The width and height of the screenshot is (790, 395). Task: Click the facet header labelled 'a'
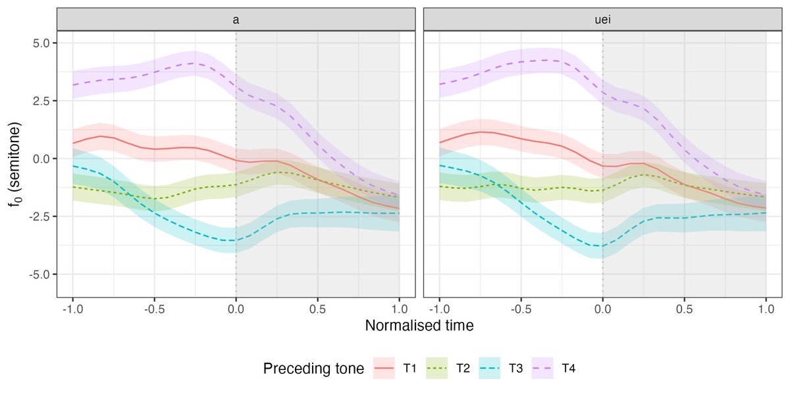(236, 19)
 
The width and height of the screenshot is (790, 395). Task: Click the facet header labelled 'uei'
(602, 19)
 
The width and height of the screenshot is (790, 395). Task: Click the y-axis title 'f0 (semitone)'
(14, 159)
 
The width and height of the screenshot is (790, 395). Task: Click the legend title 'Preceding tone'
(313, 369)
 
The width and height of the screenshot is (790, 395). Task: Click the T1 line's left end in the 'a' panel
(72, 143)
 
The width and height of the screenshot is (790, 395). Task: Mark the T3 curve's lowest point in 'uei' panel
(599, 246)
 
